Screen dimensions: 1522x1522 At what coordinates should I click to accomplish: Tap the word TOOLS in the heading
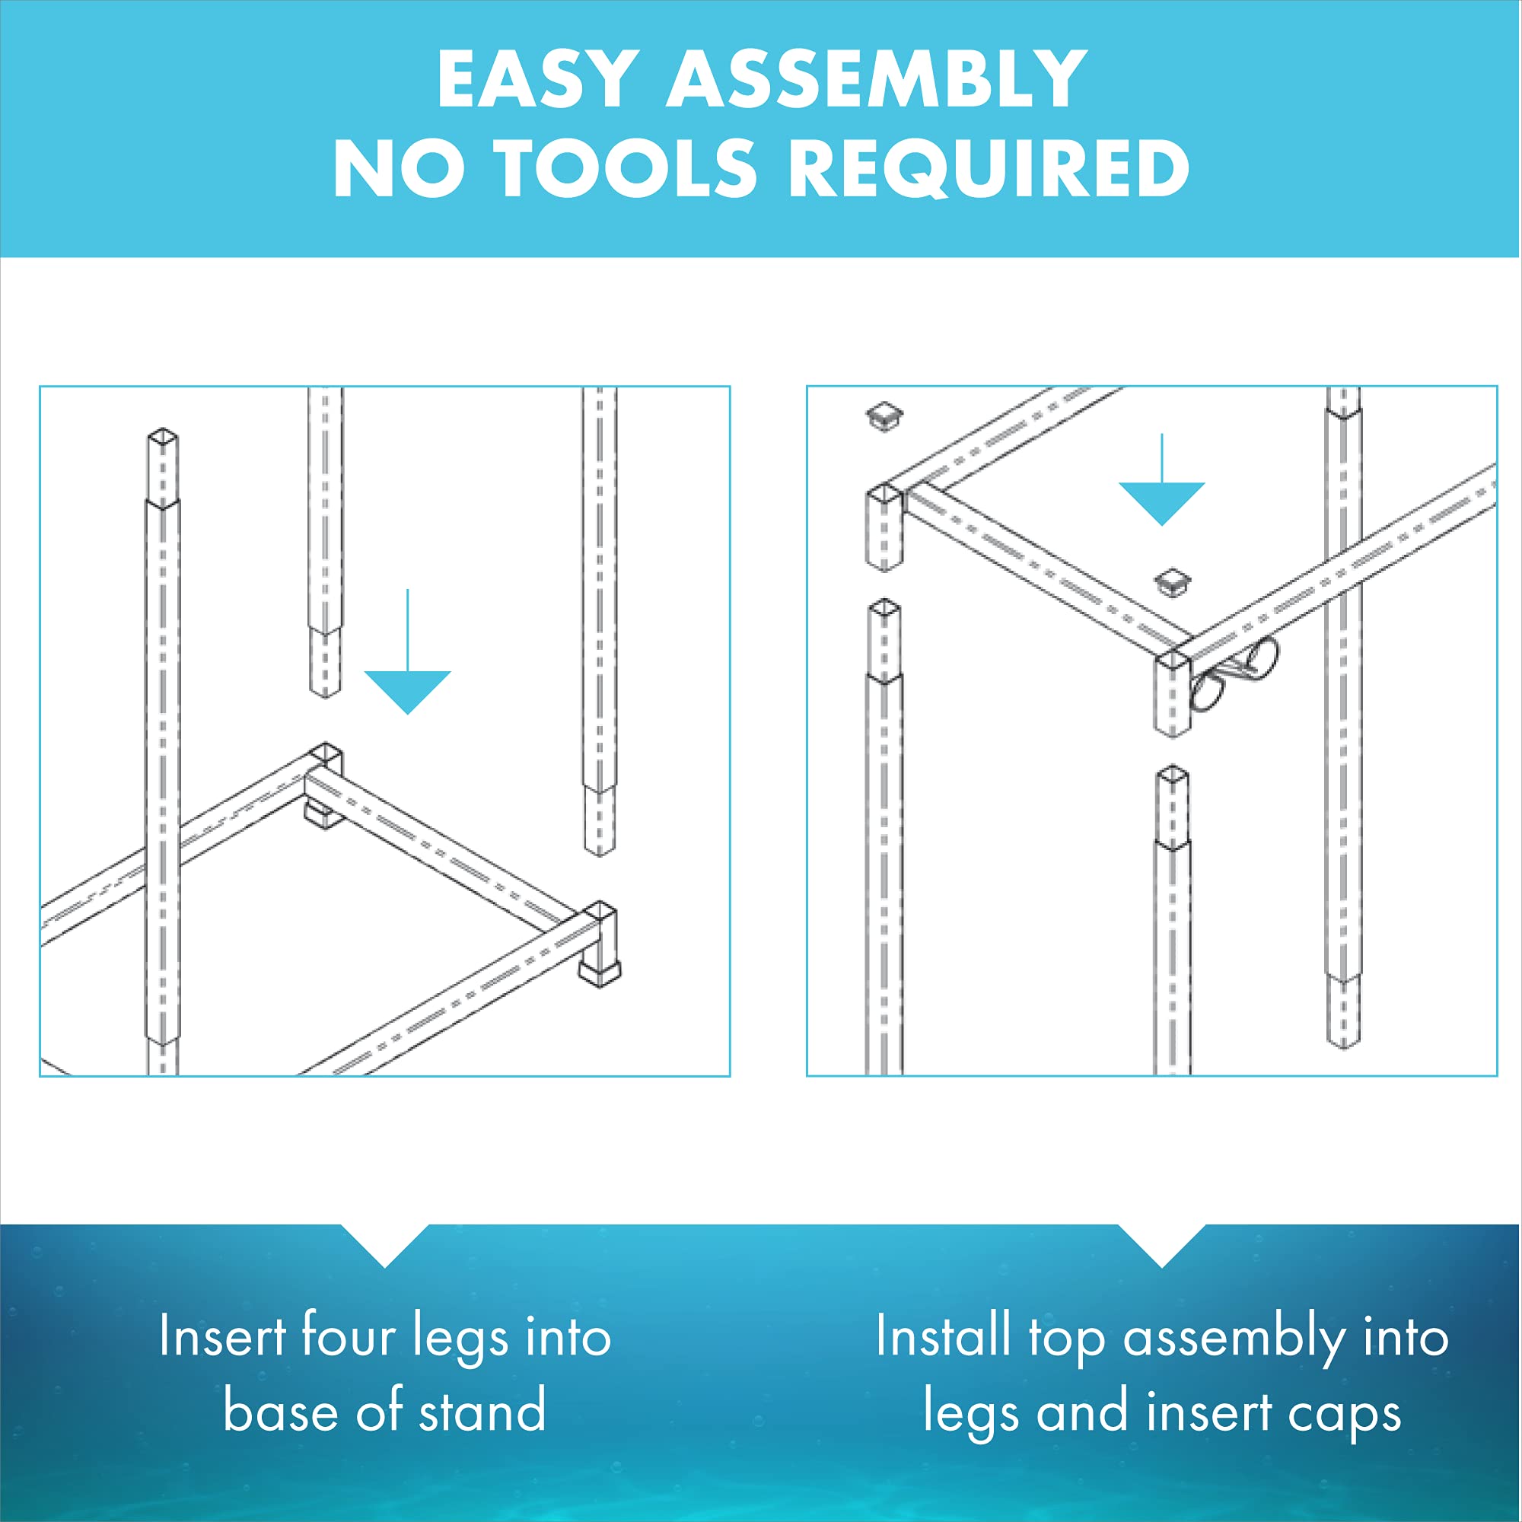626,167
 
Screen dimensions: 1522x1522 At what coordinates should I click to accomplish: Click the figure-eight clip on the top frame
1234,676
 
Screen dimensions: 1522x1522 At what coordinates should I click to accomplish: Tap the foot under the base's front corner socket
599,974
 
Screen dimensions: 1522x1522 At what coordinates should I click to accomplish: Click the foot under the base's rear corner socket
323,814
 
